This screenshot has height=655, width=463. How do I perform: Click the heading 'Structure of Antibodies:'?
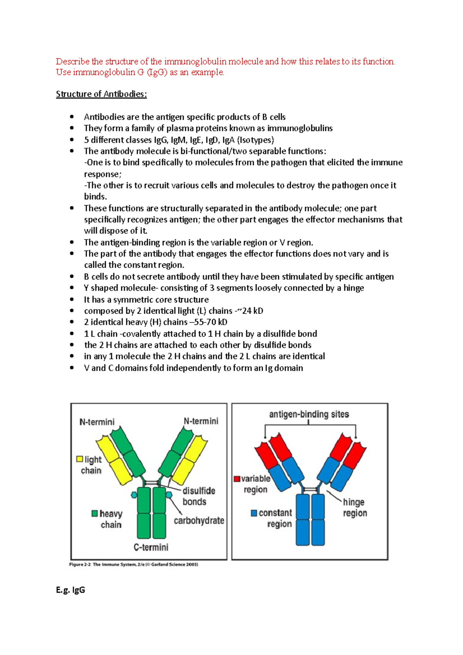tap(101, 94)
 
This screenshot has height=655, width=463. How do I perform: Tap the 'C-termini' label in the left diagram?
tap(151, 547)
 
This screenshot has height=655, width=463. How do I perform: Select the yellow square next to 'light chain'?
tap(80, 459)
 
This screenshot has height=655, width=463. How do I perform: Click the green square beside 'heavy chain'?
tap(95, 513)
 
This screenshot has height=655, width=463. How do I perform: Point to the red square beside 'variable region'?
tap(237, 479)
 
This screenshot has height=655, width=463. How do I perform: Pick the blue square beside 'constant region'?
tap(254, 513)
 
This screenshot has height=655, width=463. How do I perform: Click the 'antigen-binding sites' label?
tap(309, 414)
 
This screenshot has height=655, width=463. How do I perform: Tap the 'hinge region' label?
tap(355, 508)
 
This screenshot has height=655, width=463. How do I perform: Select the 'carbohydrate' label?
tap(199, 521)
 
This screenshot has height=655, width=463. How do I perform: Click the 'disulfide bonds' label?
tap(198, 496)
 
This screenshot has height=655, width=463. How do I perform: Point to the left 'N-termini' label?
tap(97, 422)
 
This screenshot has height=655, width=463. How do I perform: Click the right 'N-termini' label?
tap(201, 421)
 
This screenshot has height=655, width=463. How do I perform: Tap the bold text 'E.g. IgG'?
tap(70, 590)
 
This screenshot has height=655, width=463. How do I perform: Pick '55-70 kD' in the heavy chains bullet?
tap(211, 322)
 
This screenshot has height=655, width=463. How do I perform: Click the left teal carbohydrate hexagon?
tap(134, 495)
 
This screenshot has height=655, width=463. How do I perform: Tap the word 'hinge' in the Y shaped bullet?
tap(353, 288)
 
